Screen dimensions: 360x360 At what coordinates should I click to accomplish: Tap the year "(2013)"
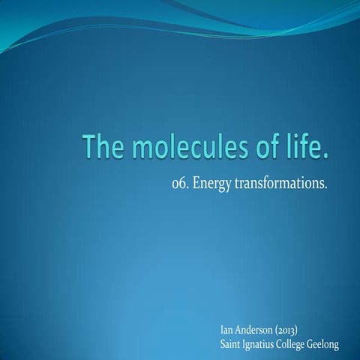click(x=300, y=329)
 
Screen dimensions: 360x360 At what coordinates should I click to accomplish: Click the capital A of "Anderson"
click(x=242, y=329)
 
